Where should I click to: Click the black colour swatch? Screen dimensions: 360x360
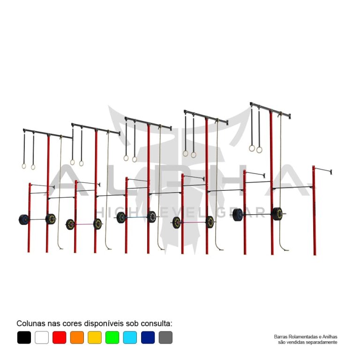click(x=24, y=337)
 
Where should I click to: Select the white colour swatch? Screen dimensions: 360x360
click(x=42, y=337)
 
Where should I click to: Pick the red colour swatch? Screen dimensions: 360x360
click(x=59, y=337)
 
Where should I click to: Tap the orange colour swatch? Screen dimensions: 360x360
click(x=77, y=337)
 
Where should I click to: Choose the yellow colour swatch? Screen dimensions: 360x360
click(x=95, y=337)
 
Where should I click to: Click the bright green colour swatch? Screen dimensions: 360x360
click(x=112, y=337)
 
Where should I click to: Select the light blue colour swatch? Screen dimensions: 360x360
click(x=130, y=337)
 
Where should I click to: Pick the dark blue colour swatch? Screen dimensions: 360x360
click(x=148, y=337)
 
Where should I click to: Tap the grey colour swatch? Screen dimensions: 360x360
click(x=165, y=337)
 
